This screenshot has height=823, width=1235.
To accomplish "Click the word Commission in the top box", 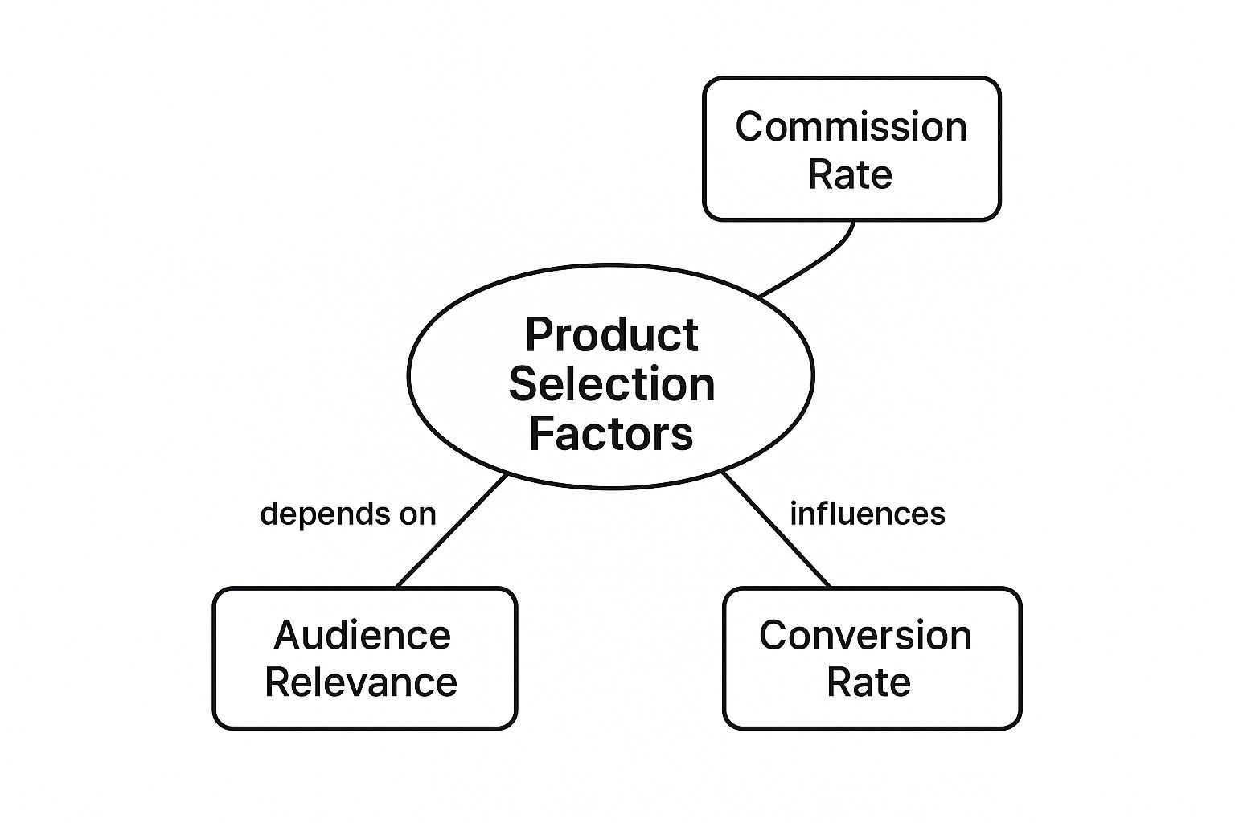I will coord(851,127).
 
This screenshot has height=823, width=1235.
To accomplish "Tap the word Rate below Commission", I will coord(850,174).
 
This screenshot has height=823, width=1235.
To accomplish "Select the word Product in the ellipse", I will coord(611,334).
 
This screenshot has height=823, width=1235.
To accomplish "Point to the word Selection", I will coord(611,384).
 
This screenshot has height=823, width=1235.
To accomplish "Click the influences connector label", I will coord(867,514).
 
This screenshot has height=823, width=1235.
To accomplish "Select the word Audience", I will coord(362,635).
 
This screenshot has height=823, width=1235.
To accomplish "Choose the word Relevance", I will coord(361,682).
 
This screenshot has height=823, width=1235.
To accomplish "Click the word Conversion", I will coord(865,635).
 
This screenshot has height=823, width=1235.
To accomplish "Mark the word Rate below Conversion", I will coord(868,682).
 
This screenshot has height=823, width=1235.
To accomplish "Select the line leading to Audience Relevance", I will coord(452,530).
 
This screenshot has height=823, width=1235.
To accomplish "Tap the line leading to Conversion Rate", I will coord(776,530).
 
